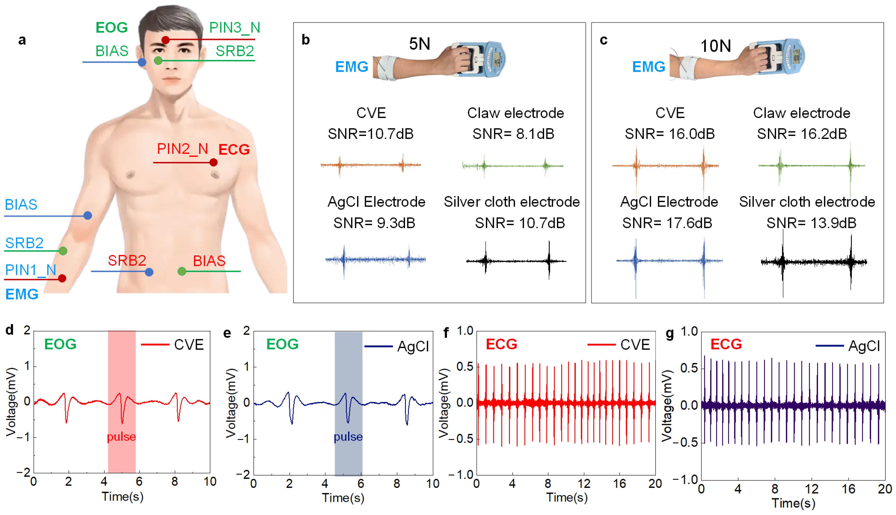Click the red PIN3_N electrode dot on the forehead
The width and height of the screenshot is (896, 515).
[x=165, y=40]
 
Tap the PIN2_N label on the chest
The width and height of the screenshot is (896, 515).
[x=182, y=149]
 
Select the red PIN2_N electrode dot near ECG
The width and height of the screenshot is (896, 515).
[x=213, y=162]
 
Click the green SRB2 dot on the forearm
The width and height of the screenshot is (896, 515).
[x=63, y=251]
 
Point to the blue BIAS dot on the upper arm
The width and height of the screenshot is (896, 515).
[x=88, y=215]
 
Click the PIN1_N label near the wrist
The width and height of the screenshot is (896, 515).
[x=31, y=270]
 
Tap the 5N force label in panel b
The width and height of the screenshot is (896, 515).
[x=419, y=44]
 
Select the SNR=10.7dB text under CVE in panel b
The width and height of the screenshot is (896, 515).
[x=370, y=134]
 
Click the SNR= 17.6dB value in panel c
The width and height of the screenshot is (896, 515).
[x=667, y=223]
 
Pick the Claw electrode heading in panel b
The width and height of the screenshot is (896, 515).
[x=515, y=113]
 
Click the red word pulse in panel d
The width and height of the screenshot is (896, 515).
[x=121, y=437]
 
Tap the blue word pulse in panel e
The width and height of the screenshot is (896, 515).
[x=348, y=437]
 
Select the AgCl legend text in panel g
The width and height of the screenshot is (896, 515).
[x=864, y=346]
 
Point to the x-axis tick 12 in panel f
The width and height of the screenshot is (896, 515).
[x=584, y=483]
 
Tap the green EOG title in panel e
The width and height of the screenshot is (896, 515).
[x=282, y=344]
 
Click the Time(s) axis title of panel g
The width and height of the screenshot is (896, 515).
[x=793, y=503]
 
